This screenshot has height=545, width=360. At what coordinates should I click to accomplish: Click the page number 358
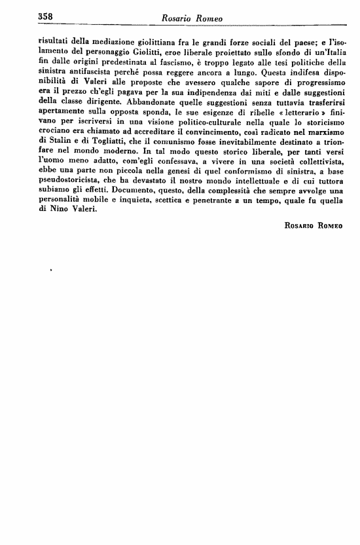coord(47,15)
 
